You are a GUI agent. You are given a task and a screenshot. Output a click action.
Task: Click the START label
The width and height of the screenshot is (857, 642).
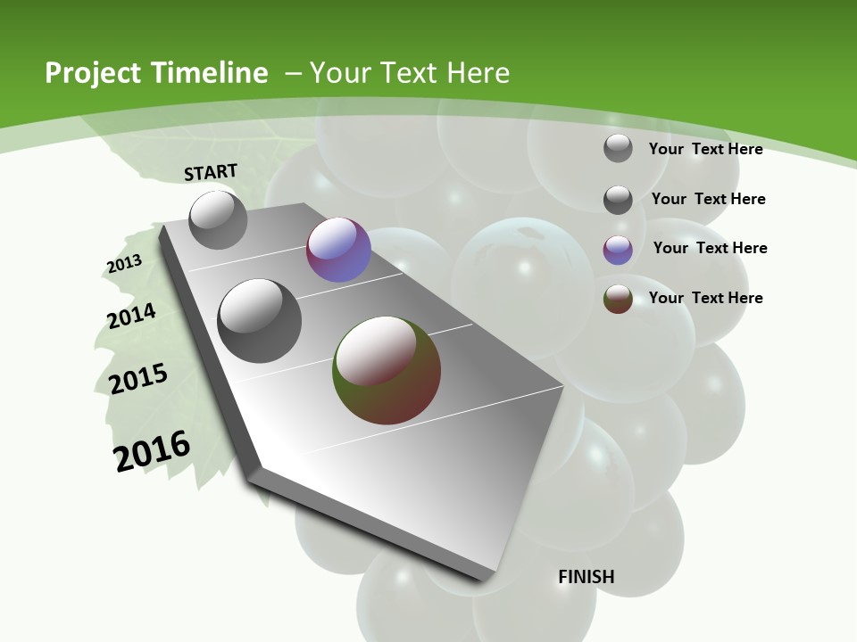coord(211,172)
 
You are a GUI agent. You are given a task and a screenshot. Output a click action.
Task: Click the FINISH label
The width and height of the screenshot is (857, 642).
coord(587,577)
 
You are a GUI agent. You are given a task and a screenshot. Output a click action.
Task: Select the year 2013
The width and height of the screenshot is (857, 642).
coord(124,264)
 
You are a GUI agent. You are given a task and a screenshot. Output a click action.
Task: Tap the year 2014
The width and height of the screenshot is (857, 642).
coord(131,316)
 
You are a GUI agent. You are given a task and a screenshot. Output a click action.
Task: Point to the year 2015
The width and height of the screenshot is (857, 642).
coord(137,378)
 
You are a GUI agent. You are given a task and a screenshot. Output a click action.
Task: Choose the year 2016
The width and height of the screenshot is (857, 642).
coord(152,450)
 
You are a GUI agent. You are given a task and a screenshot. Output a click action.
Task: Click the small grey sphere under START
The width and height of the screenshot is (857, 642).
coord(218,219)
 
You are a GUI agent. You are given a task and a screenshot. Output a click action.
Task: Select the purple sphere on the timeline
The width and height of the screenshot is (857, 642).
coord(338,250)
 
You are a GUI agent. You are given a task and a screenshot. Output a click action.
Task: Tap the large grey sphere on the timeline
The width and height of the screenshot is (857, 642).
coord(260,320)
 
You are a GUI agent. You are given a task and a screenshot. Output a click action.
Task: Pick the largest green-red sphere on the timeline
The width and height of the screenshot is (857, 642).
coord(387,370)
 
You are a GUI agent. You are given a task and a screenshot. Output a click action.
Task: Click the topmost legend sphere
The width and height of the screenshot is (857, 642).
coord(618,148)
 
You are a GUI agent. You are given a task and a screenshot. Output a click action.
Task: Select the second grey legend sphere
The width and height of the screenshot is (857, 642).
coord(618,200)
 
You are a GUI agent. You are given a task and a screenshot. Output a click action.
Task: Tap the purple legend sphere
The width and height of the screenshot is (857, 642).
coord(618,250)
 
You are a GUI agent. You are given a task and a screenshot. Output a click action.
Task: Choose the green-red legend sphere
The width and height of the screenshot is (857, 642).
coord(618,299)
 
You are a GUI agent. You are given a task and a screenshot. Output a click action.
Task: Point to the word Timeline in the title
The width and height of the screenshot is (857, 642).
coord(212,73)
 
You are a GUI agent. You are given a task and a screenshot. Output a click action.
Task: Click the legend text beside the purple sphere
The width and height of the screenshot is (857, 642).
coord(710,248)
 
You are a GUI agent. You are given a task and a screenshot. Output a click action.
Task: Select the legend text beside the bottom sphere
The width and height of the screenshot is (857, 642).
coord(705,298)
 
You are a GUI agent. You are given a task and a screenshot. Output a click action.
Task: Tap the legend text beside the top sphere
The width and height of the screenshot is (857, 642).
coord(705,149)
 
